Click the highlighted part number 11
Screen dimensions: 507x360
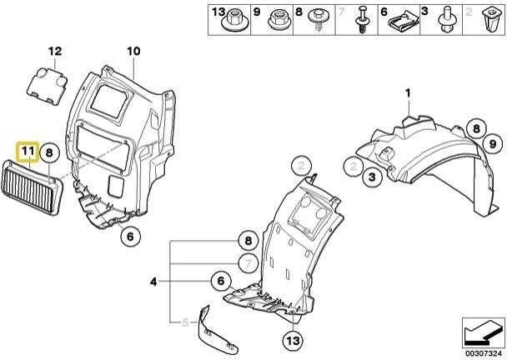pyautogui.click(x=28, y=151)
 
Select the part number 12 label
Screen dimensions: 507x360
pyautogui.click(x=55, y=51)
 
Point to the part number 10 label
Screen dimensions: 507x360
pyautogui.click(x=133, y=51)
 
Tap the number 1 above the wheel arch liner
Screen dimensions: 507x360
pyautogui.click(x=408, y=93)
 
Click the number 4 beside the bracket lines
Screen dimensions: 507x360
pyautogui.click(x=153, y=282)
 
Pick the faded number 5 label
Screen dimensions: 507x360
pyautogui.click(x=185, y=322)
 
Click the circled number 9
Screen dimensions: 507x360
pyautogui.click(x=493, y=143)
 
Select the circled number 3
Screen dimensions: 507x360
pyautogui.click(x=373, y=177)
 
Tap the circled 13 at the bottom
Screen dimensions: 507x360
pyautogui.click(x=293, y=340)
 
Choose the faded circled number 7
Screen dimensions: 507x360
pyautogui.click(x=248, y=264)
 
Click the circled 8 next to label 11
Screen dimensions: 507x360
pyautogui.click(x=49, y=152)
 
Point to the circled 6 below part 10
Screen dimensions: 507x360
pyautogui.click(x=130, y=236)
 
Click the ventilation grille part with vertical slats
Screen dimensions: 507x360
pyautogui.click(x=32, y=187)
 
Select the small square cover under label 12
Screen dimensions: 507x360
pyautogui.click(x=47, y=87)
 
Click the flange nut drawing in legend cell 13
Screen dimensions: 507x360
pyautogui.click(x=233, y=20)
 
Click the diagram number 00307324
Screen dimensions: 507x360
pyautogui.click(x=484, y=353)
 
